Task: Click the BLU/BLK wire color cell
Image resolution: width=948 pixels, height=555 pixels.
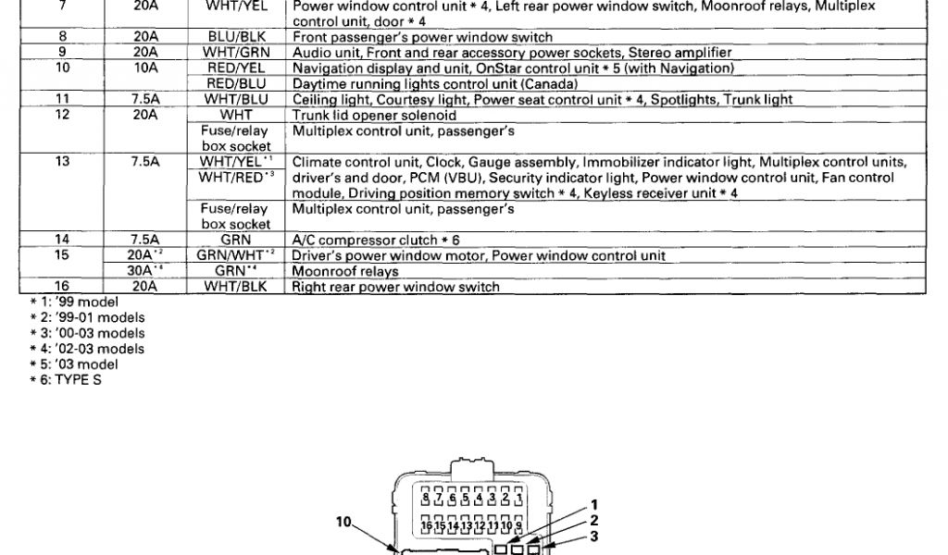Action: [x=236, y=38]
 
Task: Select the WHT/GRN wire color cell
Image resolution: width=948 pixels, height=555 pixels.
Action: [x=236, y=53]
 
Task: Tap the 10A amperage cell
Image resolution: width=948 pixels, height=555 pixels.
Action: [x=145, y=68]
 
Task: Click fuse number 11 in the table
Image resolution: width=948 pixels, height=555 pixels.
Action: [x=63, y=100]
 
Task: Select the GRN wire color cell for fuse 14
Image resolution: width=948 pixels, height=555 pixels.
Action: [x=236, y=240]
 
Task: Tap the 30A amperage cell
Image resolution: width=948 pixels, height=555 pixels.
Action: [x=145, y=271]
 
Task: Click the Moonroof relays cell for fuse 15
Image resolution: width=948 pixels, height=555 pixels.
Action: [x=345, y=271]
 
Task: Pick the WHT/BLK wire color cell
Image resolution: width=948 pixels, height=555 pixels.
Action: [x=236, y=287]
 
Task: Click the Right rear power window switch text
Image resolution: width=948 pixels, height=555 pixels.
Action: [x=395, y=287]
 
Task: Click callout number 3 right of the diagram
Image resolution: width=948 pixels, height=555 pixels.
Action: [x=595, y=536]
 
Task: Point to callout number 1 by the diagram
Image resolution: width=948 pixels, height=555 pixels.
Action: [x=595, y=505]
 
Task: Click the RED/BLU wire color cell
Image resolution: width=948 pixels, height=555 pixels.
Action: [x=236, y=84]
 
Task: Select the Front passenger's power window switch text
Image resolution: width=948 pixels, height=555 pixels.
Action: [x=422, y=38]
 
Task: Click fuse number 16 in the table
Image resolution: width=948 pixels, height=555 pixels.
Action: [x=63, y=287]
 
